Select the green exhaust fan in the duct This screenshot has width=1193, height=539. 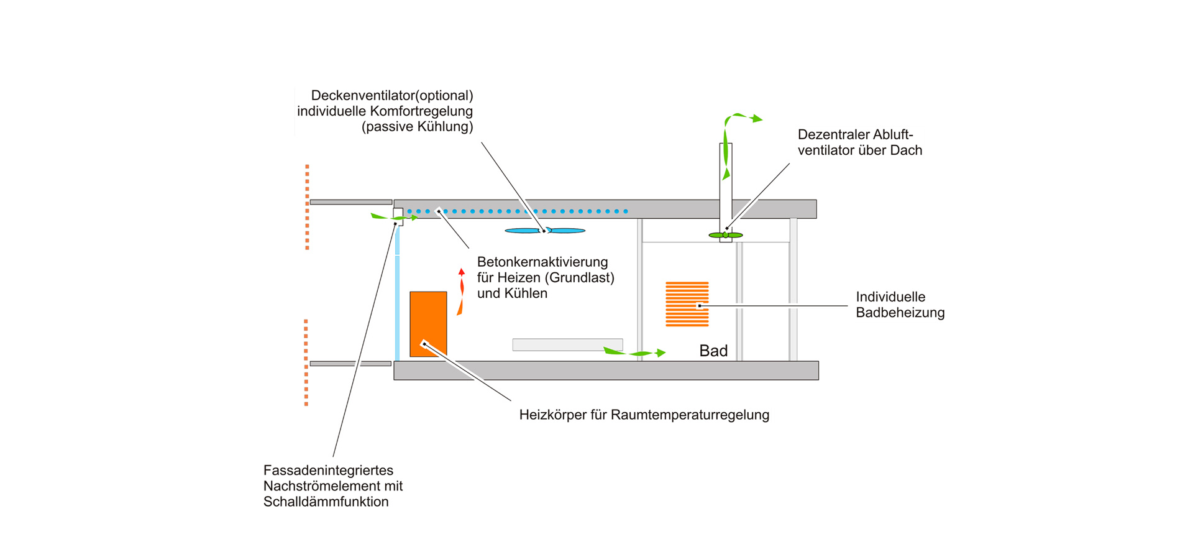point(726,235)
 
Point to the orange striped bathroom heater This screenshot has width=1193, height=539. point(687,304)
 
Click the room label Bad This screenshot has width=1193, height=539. point(713,351)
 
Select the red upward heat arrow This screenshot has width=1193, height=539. point(461,291)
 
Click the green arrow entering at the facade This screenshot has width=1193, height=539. point(394,217)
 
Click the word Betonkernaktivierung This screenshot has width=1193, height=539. point(542,262)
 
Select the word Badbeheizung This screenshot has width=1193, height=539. point(900,313)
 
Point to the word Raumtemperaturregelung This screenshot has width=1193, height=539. point(690,415)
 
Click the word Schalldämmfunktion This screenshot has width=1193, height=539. point(326,502)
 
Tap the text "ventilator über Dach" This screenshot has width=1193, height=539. point(859,150)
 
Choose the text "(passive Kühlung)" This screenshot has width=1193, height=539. point(417,127)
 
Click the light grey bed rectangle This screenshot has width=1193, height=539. point(567,344)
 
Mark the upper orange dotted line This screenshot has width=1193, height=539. point(307,207)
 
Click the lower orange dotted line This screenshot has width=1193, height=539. point(306,362)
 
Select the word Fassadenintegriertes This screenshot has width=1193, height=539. point(328,471)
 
